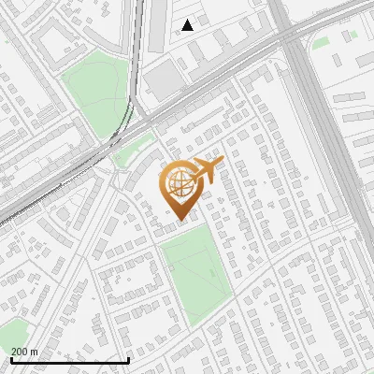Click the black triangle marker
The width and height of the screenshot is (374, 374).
click(188, 25)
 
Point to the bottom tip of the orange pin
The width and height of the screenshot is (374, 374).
click(180, 220)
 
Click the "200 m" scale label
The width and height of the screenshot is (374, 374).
click(25, 352)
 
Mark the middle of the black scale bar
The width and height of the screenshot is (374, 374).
click(70, 360)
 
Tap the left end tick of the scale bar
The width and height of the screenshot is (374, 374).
click(12, 360)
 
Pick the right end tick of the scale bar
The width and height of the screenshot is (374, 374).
click(128, 360)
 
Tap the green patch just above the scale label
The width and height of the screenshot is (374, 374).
click(14, 330)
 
